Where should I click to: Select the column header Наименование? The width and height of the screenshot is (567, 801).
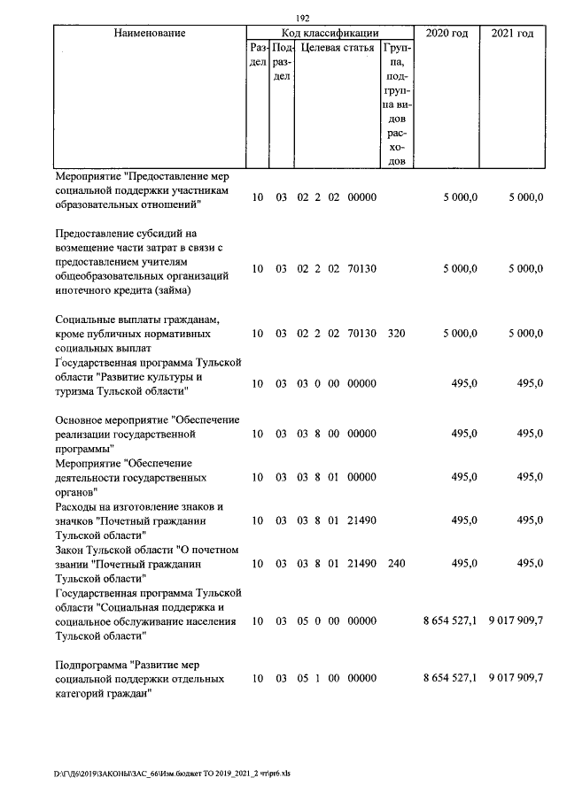click(x=150, y=33)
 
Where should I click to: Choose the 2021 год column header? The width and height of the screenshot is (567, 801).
click(x=512, y=33)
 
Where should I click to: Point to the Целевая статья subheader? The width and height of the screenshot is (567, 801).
click(x=338, y=48)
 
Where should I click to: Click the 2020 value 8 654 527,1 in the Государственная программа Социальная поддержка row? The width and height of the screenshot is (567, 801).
click(x=451, y=621)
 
